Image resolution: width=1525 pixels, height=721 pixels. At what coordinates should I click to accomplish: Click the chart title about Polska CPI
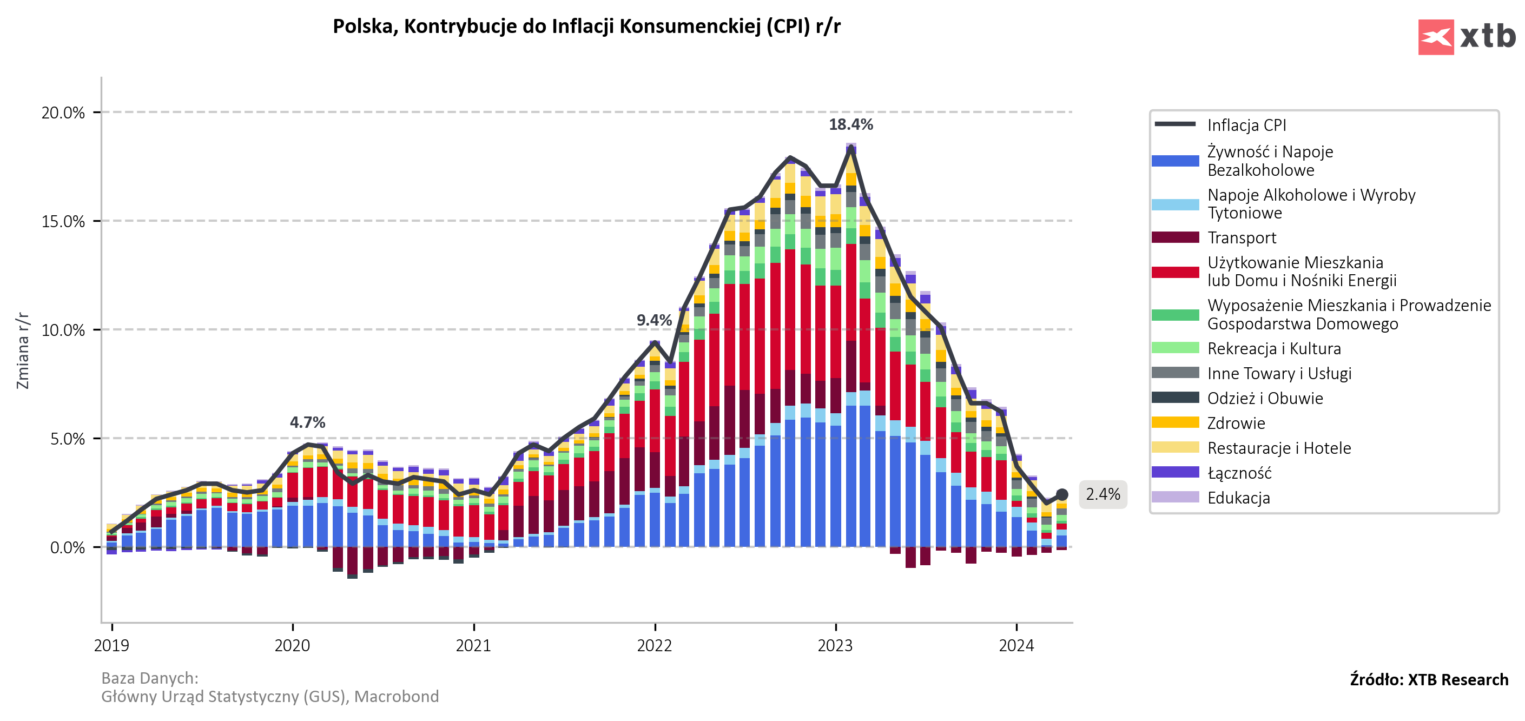[586, 27]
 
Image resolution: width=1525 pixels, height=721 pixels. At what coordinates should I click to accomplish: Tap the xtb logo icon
[1435, 37]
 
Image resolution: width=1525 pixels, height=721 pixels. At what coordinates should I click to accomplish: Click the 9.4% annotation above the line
[653, 320]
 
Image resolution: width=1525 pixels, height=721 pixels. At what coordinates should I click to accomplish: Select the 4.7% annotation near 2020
[307, 422]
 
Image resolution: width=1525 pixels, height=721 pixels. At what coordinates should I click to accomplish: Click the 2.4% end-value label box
[1103, 494]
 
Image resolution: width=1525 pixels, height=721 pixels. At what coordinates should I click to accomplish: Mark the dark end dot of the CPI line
[1062, 494]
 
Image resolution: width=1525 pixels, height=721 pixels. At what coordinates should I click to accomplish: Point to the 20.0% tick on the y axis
[63, 113]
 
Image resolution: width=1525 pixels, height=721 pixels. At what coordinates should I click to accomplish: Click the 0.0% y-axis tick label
[67, 547]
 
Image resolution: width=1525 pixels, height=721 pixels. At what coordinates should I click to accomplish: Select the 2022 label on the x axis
[654, 645]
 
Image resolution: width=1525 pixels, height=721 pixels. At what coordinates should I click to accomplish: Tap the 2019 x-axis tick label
[111, 645]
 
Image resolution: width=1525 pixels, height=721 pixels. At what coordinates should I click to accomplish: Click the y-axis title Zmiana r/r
[23, 350]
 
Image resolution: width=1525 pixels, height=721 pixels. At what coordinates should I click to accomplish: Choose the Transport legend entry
[1242, 238]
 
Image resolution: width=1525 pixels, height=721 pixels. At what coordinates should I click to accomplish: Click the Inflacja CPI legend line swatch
[1175, 124]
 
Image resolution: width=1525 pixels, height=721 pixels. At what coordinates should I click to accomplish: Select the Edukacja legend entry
[1238, 498]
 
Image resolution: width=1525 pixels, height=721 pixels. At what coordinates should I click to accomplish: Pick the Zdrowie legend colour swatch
[1175, 422]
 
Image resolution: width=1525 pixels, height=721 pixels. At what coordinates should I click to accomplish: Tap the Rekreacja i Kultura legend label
[1274, 349]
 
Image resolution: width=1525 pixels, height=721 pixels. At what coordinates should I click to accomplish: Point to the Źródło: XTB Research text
[1429, 679]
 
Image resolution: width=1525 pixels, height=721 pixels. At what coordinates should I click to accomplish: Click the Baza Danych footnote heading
[150, 678]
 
